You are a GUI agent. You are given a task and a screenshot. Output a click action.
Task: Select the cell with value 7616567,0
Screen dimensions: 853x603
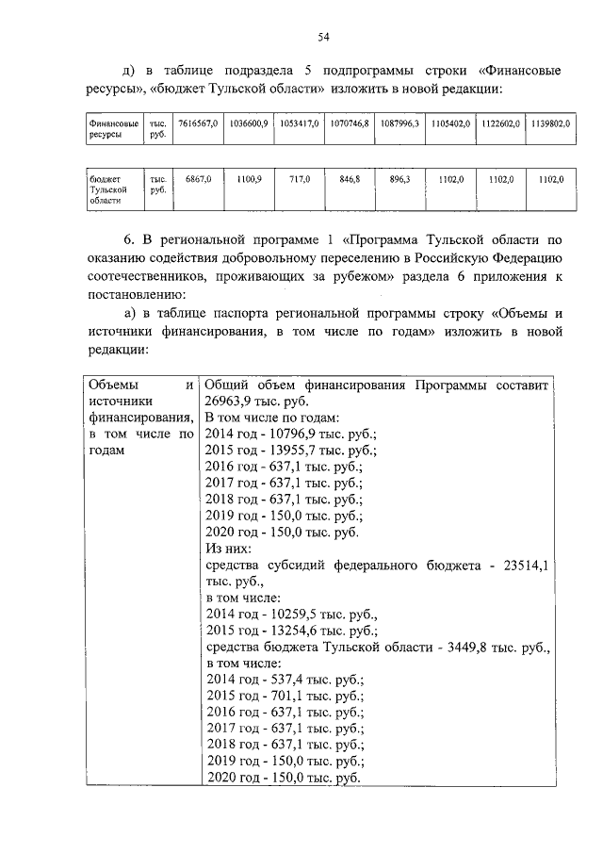coord(197,123)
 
